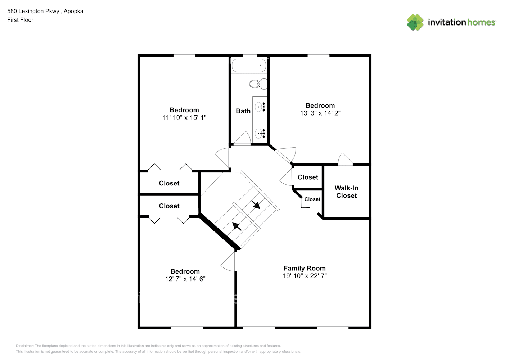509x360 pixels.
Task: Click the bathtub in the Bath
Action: click(x=249, y=66)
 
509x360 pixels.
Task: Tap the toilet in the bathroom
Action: click(x=258, y=84)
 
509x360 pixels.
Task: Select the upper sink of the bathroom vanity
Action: click(x=260, y=107)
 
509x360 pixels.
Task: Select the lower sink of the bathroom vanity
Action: click(x=260, y=134)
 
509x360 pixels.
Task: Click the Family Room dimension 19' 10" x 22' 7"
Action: click(x=305, y=276)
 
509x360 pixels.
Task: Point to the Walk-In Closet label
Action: click(x=346, y=192)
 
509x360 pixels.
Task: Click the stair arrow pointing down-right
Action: click(x=256, y=204)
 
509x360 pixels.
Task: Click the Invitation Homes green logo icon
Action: click(x=415, y=22)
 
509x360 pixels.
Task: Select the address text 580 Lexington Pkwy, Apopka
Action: click(x=45, y=11)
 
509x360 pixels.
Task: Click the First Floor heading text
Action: click(x=20, y=20)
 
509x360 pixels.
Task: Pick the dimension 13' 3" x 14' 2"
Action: click(x=320, y=113)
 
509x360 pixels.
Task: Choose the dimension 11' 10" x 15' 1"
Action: click(x=184, y=117)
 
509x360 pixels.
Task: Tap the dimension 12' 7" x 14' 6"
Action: click(x=185, y=279)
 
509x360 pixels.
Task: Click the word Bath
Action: click(x=243, y=111)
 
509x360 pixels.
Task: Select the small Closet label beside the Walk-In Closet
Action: click(x=312, y=199)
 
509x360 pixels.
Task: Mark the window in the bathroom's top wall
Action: click(x=250, y=56)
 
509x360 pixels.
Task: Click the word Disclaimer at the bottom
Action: click(x=24, y=346)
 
